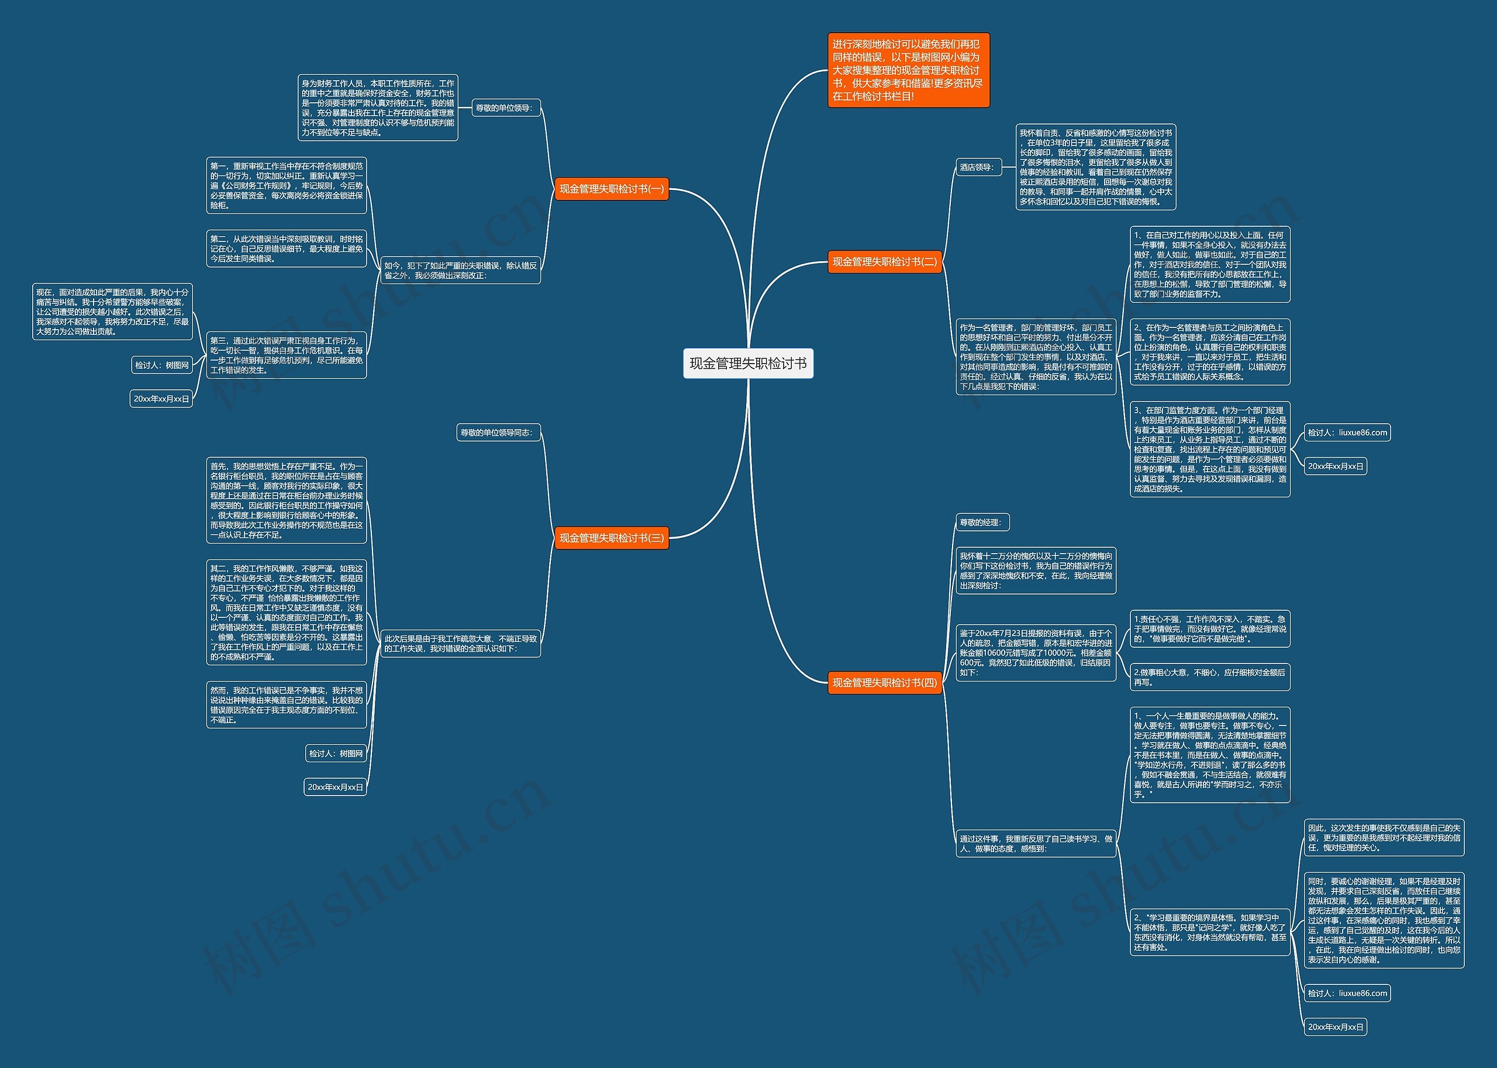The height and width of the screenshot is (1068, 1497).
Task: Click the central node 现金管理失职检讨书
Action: pos(748,364)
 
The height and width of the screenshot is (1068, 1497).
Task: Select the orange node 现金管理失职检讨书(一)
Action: pos(611,189)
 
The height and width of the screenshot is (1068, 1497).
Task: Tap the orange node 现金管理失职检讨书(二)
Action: pos(884,262)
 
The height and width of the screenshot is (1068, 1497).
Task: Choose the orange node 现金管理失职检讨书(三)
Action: pos(611,538)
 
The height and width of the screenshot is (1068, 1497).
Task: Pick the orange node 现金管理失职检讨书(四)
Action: pos(884,683)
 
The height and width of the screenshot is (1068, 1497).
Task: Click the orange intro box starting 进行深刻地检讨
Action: pos(908,70)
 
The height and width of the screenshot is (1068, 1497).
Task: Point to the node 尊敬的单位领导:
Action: pos(505,108)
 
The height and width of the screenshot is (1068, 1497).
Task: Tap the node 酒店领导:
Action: pos(976,167)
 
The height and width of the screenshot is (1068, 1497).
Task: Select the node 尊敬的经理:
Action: pos(981,522)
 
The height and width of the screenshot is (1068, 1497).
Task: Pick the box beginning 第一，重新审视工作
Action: pos(286,185)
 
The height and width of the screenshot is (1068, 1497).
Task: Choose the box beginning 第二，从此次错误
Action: pos(286,248)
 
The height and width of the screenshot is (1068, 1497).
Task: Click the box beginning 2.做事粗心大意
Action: pos(1209,678)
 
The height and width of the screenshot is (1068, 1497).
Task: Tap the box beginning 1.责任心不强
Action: pos(1209,629)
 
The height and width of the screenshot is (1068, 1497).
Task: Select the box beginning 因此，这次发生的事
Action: pos(1384,838)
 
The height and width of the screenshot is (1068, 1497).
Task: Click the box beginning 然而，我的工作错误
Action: pos(286,705)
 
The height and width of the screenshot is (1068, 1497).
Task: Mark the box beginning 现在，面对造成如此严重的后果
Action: pos(112,312)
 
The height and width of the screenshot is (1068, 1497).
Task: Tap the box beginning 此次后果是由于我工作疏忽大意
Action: pos(460,643)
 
